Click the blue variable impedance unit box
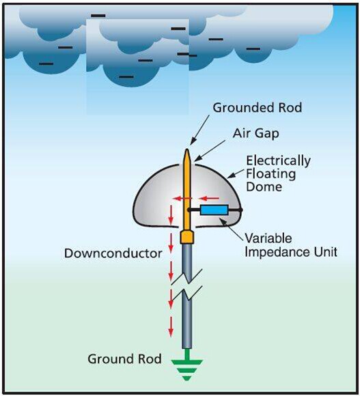pos(214,210)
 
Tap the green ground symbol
pos(187,365)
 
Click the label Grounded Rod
pos(257,108)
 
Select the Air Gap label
pos(255,133)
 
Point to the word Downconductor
pos(113,253)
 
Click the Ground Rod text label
pos(124,359)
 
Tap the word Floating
pos(271,174)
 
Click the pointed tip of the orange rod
pos(187,150)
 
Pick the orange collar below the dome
pos(187,237)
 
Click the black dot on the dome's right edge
pos(240,210)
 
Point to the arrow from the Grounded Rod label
pos(199,130)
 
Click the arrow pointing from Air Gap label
pos(210,151)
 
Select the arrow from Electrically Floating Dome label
pos(235,174)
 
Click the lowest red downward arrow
pos(171,326)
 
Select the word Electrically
pos(279,161)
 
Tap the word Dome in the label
pos(264,187)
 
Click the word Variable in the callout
pos(268,238)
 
